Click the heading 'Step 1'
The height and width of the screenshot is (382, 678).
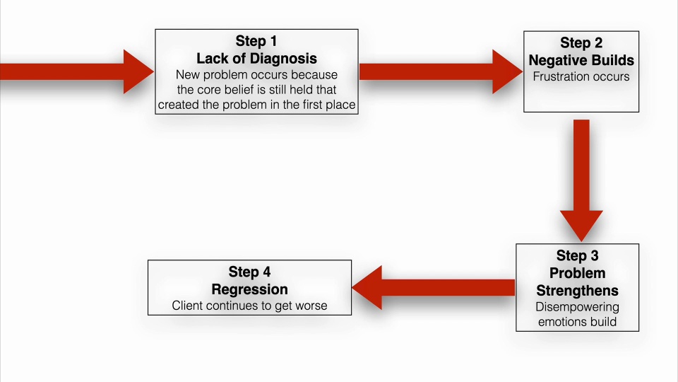[256, 42]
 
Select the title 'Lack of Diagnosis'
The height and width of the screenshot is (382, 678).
[256, 58]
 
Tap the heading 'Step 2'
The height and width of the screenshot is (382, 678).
[581, 43]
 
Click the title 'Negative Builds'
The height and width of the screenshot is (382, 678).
[581, 60]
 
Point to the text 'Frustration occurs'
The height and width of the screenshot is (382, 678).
[581, 76]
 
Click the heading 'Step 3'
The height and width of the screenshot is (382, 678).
[577, 255]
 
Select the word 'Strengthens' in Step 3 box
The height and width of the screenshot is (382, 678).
[577, 291]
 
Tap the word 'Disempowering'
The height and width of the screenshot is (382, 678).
[577, 307]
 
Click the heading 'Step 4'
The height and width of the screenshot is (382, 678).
[249, 272]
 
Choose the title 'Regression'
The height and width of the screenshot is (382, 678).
[249, 289]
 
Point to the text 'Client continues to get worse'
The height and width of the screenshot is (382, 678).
[249, 306]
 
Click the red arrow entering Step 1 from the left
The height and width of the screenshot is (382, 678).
[74, 71]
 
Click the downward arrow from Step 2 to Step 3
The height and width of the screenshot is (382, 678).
[581, 180]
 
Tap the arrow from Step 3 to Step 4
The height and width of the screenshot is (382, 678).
[434, 287]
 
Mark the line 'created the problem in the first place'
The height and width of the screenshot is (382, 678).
[256, 105]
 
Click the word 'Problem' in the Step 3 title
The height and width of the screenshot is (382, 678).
[577, 273]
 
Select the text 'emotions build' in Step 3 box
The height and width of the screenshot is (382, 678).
[577, 322]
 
